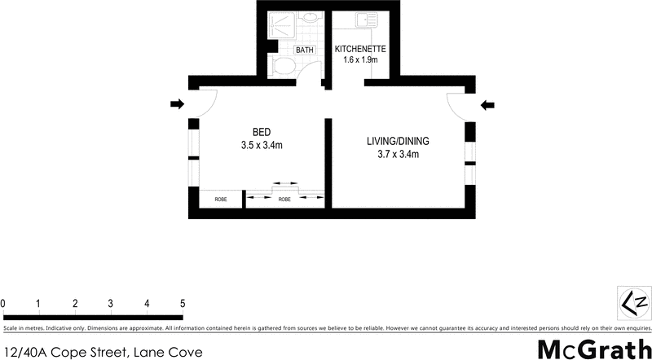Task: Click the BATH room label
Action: click(x=305, y=50)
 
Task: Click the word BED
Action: click(x=261, y=133)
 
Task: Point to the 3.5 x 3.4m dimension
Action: click(x=261, y=146)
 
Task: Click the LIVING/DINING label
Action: click(x=397, y=141)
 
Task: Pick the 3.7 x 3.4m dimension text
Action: click(x=397, y=154)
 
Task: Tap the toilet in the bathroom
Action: click(x=285, y=65)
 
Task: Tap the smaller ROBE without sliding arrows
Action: click(x=221, y=199)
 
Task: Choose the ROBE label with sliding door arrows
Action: click(x=284, y=199)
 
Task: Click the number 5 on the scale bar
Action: click(x=183, y=304)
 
